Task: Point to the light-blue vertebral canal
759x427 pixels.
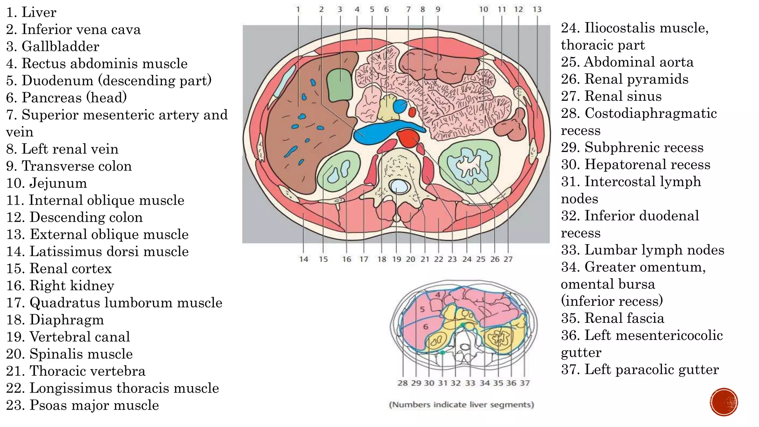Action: point(397,186)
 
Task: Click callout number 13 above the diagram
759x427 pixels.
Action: point(537,9)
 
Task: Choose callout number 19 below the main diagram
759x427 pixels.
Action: point(397,259)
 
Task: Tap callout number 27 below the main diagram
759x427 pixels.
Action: point(508,259)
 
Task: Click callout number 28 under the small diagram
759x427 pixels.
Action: point(402,383)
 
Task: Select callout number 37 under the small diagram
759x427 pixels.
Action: point(524,383)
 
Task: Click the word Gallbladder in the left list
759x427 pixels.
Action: point(60,46)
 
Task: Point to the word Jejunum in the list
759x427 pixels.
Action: point(58,183)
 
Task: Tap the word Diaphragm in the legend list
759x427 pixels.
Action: point(67,320)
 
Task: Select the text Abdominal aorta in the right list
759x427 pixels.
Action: point(638,62)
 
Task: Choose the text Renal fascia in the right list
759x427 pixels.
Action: point(624,318)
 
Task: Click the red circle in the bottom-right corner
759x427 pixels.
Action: point(724,402)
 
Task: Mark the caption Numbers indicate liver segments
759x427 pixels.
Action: point(461,404)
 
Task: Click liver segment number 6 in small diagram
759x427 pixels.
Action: point(426,327)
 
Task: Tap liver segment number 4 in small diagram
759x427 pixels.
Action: point(438,295)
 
